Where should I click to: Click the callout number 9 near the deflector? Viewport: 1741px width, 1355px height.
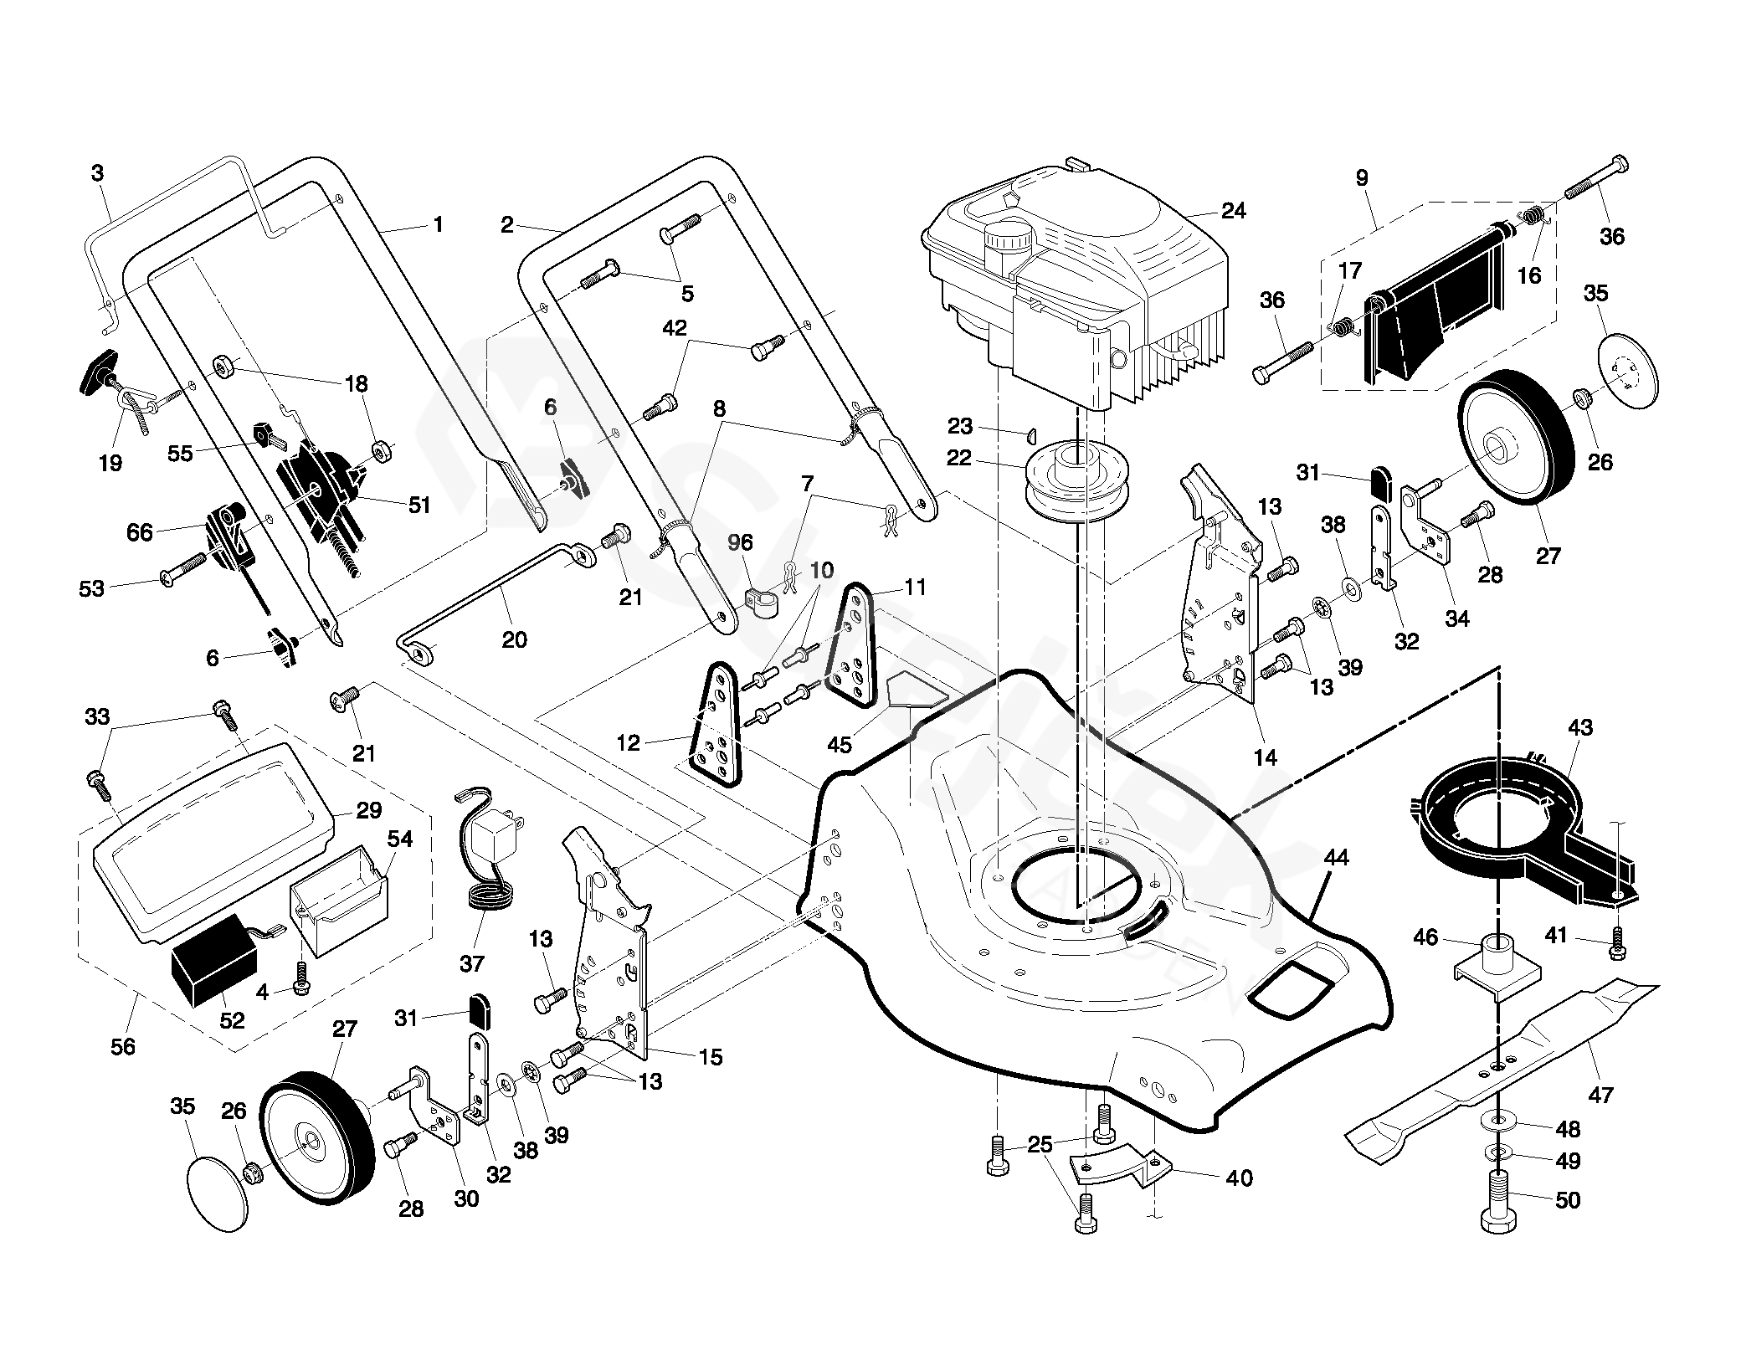click(1362, 177)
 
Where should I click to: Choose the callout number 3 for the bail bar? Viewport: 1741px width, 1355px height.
click(98, 173)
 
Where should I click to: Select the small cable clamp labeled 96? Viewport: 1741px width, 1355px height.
click(760, 600)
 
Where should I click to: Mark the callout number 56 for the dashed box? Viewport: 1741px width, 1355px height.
click(123, 1046)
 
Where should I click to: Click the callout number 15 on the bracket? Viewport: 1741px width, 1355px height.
click(710, 1057)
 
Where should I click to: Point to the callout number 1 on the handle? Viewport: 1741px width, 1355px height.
click(437, 224)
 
